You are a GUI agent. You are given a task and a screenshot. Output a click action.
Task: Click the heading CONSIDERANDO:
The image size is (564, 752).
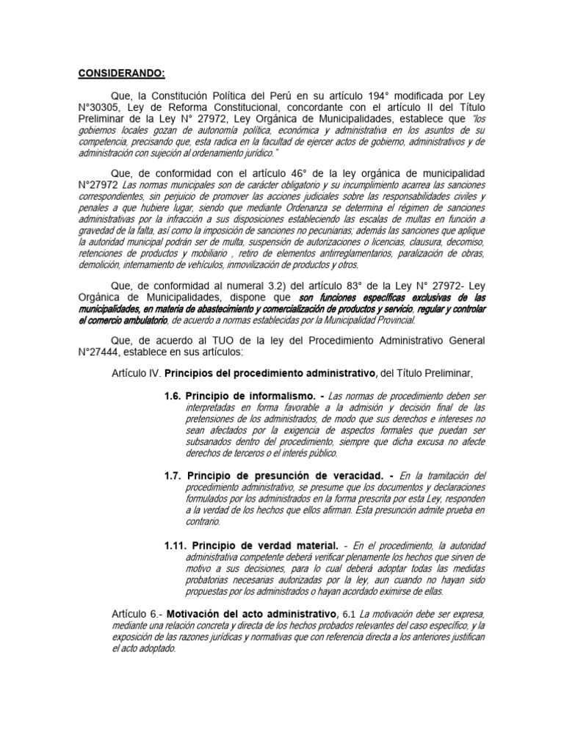pyautogui.click(x=122, y=73)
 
